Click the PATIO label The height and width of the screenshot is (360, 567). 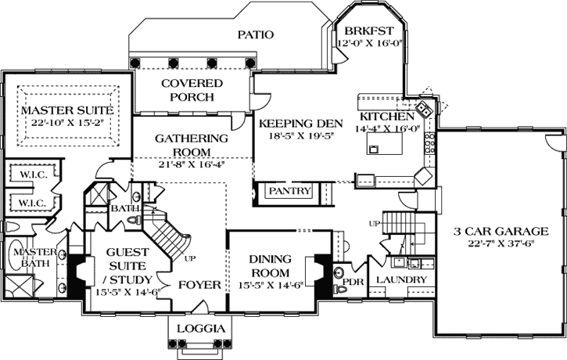pyautogui.click(x=256, y=34)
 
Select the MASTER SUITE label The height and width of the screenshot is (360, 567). pyautogui.click(x=68, y=111)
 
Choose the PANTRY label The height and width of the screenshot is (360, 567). pyautogui.click(x=290, y=191)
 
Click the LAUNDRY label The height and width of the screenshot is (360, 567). pyautogui.click(x=401, y=279)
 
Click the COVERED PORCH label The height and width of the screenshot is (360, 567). pyautogui.click(x=192, y=90)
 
